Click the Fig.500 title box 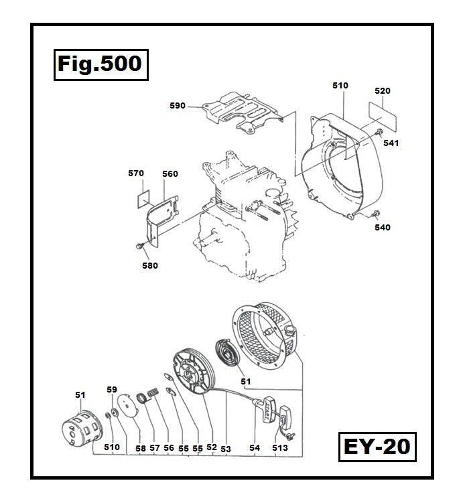pyautogui.click(x=99, y=64)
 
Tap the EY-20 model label pyautogui.click(x=377, y=446)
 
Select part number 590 pyautogui.click(x=178, y=105)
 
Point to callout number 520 pyautogui.click(x=383, y=90)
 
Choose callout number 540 pyautogui.click(x=383, y=227)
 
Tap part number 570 pyautogui.click(x=136, y=173)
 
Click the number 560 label pyautogui.click(x=170, y=173)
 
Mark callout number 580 pyautogui.click(x=150, y=265)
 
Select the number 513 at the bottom pyautogui.click(x=279, y=447)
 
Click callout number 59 pyautogui.click(x=112, y=389)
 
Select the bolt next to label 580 pyautogui.click(x=139, y=248)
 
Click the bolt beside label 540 pyautogui.click(x=374, y=214)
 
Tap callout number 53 pyautogui.click(x=225, y=447)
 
